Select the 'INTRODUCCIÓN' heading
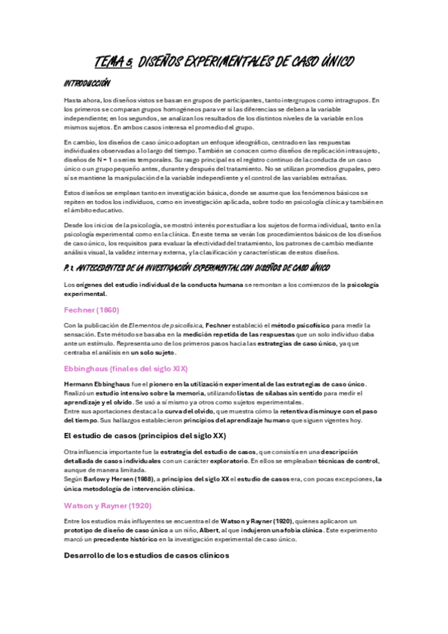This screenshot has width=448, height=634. click(88, 83)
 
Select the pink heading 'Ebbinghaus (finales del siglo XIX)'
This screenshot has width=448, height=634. click(126, 369)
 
